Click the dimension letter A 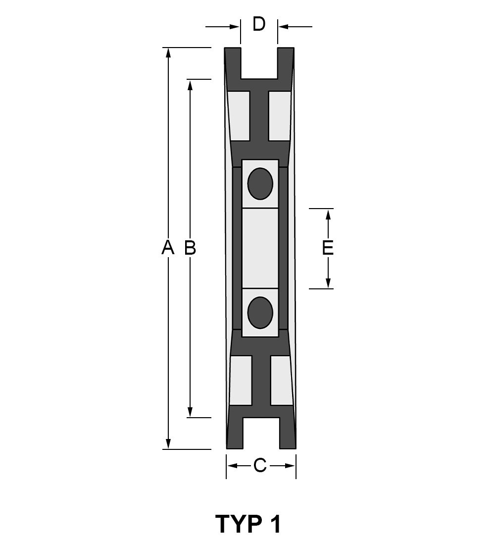point(168,247)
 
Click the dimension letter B point(190,247)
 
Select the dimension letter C point(260,465)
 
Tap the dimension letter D point(259,24)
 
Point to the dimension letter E point(328,248)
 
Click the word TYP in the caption point(239,524)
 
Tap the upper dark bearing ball point(260,183)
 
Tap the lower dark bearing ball point(260,313)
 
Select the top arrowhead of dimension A point(168,53)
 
